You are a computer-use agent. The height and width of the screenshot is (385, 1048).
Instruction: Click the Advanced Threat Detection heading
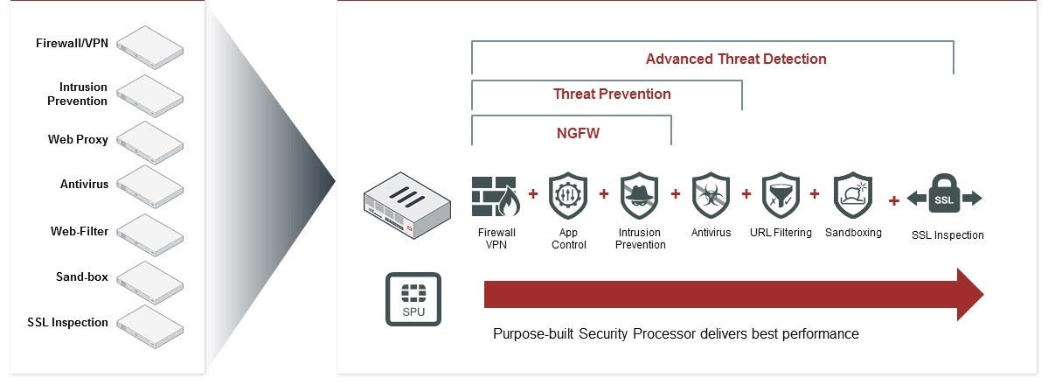[x=736, y=59]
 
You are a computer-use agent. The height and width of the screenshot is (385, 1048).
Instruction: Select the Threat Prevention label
[x=612, y=94]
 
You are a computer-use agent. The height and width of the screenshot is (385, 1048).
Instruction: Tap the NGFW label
[x=579, y=134]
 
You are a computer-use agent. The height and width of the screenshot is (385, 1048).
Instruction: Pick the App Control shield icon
[x=568, y=196]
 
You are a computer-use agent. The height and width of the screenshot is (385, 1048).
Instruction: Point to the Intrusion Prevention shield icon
[x=640, y=196]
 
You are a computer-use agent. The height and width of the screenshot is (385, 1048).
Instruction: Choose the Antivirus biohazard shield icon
[x=711, y=196]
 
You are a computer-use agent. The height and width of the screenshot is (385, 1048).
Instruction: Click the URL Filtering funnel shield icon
[x=781, y=196]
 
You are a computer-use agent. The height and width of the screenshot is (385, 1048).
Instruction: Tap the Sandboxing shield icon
[x=853, y=196]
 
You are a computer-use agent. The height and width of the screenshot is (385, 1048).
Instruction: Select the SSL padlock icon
[x=945, y=196]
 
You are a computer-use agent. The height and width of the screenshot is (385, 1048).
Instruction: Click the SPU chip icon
[x=413, y=298]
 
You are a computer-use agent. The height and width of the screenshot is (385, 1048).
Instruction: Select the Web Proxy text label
[x=78, y=139]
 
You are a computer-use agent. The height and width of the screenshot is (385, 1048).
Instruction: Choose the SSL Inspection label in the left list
[x=67, y=322]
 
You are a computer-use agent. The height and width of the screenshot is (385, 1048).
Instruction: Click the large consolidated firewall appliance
[x=406, y=206]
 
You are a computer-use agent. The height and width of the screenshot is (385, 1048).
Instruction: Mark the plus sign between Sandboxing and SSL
[x=893, y=200]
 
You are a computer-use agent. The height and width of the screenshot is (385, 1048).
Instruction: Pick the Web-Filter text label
[x=79, y=231]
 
